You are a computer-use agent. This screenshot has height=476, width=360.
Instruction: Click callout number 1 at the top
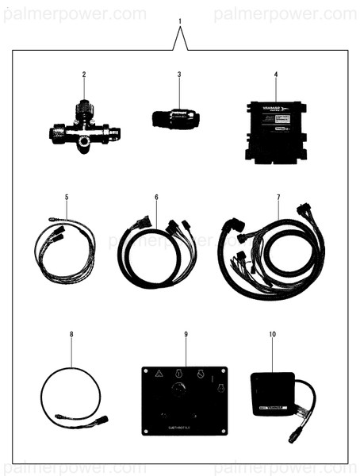(x=180, y=21)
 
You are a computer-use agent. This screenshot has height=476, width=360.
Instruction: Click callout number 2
(x=83, y=75)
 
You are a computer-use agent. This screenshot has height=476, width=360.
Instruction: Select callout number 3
(x=179, y=75)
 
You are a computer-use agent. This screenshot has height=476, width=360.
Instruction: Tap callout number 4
(x=275, y=75)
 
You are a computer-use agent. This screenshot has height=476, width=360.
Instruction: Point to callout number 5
(x=67, y=196)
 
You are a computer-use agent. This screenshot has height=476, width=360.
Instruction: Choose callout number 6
(x=156, y=196)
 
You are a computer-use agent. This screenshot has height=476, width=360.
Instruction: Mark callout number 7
(x=278, y=196)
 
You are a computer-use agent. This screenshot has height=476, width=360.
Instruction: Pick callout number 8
(x=71, y=334)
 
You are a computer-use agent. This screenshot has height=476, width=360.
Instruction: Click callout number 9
(x=186, y=334)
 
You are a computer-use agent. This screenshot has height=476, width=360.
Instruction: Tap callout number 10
(x=272, y=334)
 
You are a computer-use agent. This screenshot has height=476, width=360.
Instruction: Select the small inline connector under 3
(x=175, y=119)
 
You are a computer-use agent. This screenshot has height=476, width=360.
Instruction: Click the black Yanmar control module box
(x=275, y=131)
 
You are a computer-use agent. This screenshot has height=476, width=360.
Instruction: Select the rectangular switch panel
(x=185, y=401)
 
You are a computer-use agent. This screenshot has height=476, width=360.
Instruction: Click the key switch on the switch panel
(x=180, y=390)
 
